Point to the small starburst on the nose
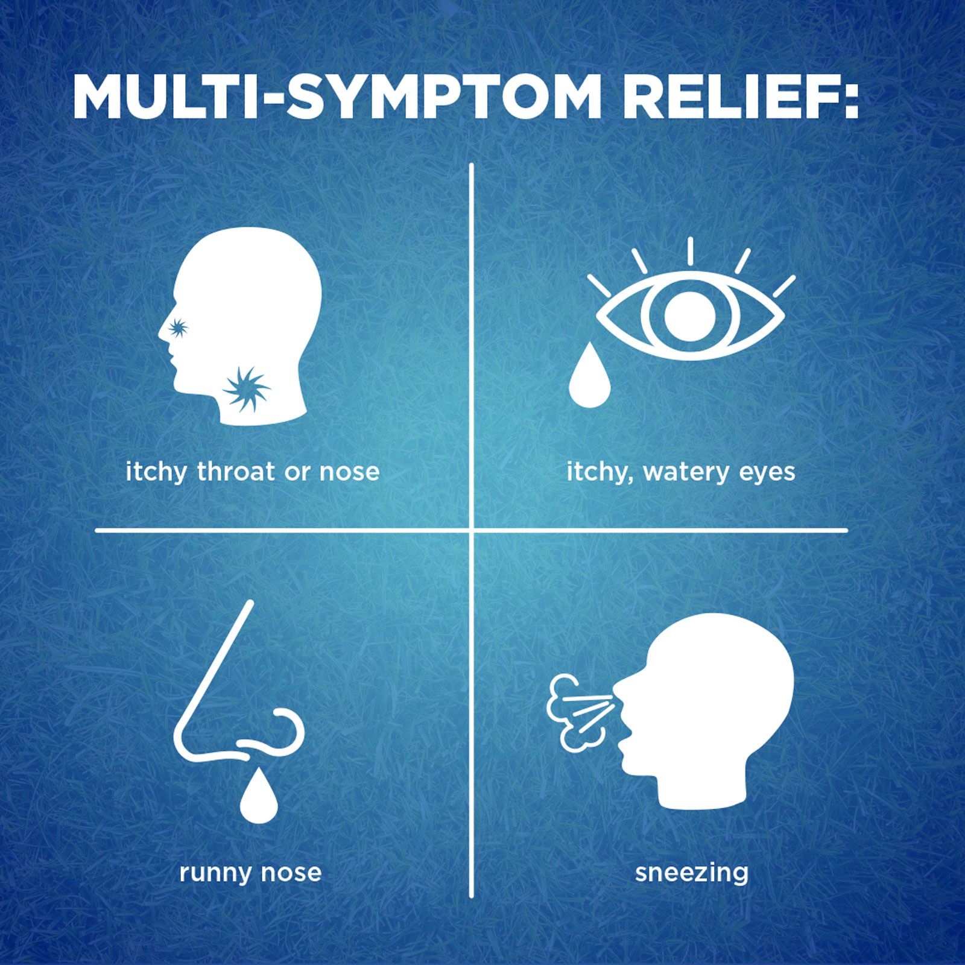pyautogui.click(x=177, y=327)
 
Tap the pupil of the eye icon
pyautogui.click(x=690, y=315)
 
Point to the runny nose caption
pyautogui.click(x=250, y=873)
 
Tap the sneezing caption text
pyautogui.click(x=691, y=873)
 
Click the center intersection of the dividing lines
pyautogui.click(x=471, y=531)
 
